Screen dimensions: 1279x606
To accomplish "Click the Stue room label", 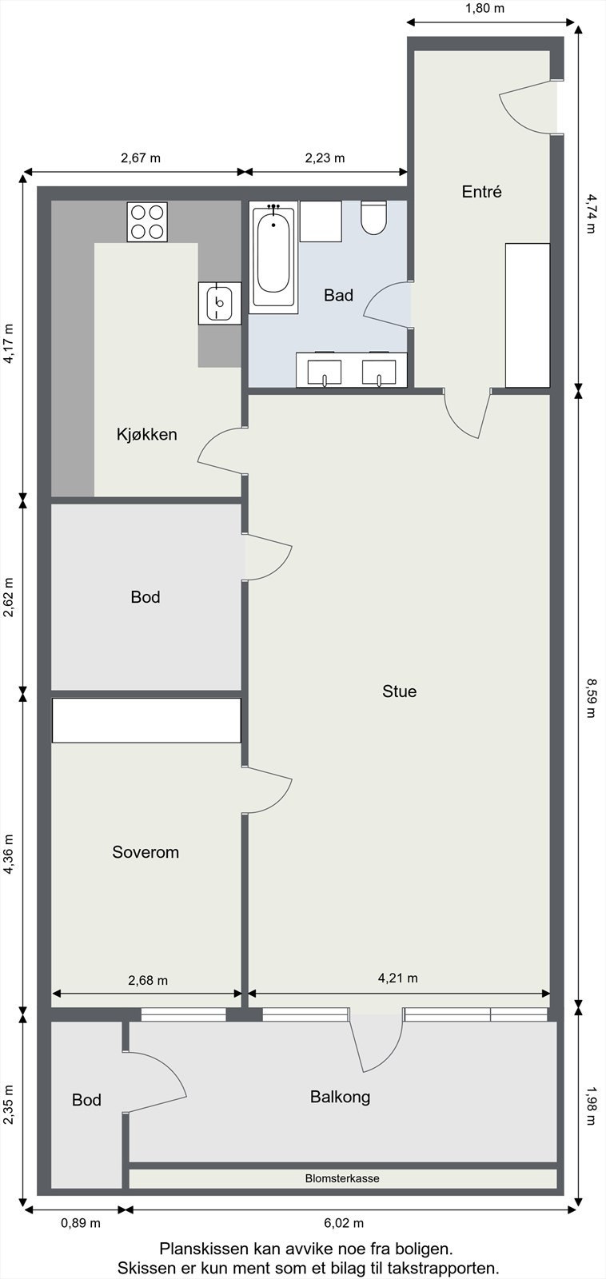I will [x=399, y=691].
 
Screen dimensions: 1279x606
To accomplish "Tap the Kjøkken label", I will [x=146, y=435].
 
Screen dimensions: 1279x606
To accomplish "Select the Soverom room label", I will [x=146, y=852].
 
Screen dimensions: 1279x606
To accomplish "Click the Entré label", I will [x=481, y=192].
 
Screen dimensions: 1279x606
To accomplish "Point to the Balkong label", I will [x=340, y=1097].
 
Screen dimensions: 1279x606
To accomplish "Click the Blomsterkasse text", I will [x=342, y=1178].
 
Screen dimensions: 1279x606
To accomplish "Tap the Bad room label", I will [x=338, y=296].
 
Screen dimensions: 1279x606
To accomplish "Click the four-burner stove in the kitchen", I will [x=148, y=221].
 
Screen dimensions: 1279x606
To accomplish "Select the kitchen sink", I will [x=219, y=303].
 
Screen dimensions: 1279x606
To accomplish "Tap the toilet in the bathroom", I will [x=373, y=217].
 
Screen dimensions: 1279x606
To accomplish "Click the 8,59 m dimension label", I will [x=591, y=698].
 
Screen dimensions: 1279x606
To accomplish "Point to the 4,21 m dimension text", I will [x=397, y=978].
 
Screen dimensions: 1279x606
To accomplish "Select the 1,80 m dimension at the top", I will [x=484, y=9].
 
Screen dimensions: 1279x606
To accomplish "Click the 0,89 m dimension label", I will [x=81, y=1223].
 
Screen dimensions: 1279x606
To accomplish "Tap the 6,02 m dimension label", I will [x=344, y=1223].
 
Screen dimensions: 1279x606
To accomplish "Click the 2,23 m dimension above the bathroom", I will [x=325, y=157].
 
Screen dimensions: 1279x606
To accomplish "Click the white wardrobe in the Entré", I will [x=528, y=315].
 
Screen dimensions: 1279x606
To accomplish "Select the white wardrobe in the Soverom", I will [x=146, y=720].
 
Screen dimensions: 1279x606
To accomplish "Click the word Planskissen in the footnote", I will [x=204, y=1249].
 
